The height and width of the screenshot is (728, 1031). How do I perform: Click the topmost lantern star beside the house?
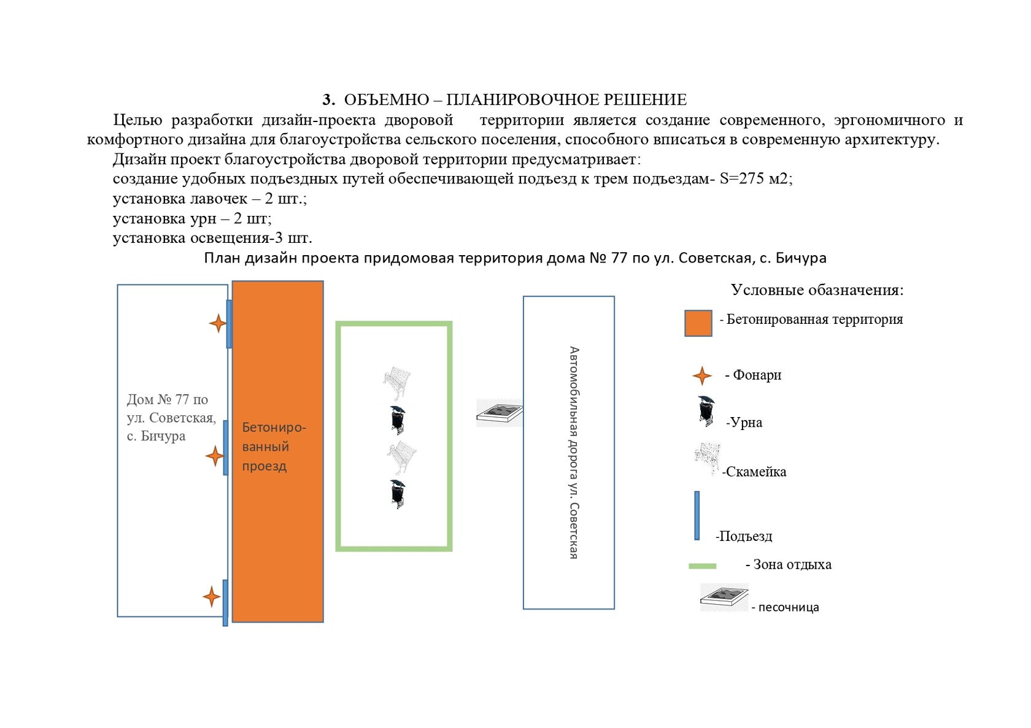pos(218,324)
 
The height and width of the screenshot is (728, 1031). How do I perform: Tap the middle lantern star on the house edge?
pos(215,457)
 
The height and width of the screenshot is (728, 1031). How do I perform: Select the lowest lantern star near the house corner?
pos(212,597)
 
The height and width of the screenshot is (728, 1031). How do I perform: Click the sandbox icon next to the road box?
pos(500,413)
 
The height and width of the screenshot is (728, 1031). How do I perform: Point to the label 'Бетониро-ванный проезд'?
pos(274,446)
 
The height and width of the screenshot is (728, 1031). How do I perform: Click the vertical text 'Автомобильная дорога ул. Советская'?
pos(574,453)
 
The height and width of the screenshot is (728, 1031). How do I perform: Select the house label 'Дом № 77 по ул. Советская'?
pos(171,418)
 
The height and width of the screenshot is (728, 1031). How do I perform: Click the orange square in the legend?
pos(698,323)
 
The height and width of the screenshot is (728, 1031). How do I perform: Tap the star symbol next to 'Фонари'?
pos(702,376)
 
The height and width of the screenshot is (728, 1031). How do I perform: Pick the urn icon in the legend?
pos(706,411)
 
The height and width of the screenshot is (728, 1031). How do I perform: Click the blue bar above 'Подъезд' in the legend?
pos(697,516)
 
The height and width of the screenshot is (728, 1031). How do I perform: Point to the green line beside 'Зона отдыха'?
pos(702,566)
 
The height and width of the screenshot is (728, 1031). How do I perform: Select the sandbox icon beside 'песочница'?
pos(724,597)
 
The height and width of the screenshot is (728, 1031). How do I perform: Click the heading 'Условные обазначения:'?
pos(817,290)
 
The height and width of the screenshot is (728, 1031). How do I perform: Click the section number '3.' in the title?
pos(329,100)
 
